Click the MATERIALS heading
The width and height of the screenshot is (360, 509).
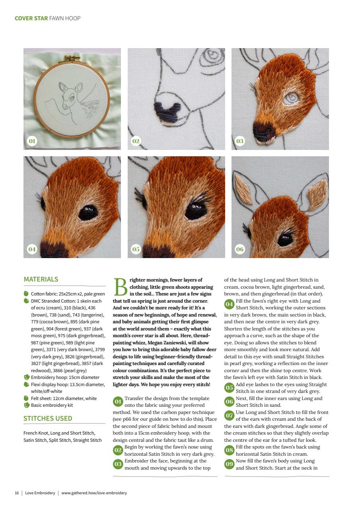41,279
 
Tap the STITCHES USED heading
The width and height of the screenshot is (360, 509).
48,418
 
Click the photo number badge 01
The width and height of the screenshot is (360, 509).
32,141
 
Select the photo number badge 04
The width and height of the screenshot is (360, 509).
32,249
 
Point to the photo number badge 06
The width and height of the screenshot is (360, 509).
240,249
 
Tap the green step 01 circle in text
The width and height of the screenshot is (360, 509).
118,402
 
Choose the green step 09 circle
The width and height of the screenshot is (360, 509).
229,464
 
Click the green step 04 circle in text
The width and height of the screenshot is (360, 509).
229,304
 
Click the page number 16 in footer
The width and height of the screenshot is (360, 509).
17,493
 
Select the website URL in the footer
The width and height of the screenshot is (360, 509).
94,493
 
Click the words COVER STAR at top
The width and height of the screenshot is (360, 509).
31,18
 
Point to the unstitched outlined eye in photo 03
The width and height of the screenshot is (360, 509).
293,97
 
